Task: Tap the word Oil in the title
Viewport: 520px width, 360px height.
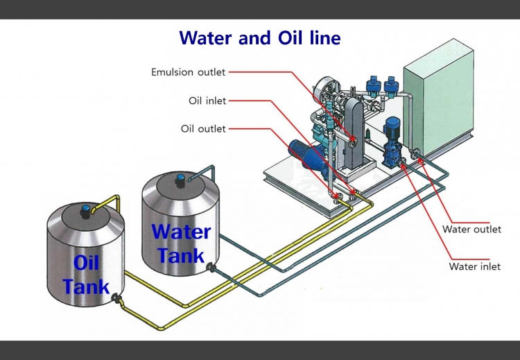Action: [x=289, y=37]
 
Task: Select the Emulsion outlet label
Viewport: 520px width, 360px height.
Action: [x=189, y=72]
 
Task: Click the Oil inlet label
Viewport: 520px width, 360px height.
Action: [x=207, y=101]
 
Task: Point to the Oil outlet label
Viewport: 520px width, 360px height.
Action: [x=203, y=129]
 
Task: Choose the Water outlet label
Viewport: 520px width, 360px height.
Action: [x=471, y=230]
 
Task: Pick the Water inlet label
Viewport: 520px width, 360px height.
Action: [x=474, y=266]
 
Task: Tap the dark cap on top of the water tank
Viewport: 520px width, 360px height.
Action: [x=181, y=179]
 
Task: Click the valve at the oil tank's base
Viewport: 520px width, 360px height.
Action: [x=117, y=300]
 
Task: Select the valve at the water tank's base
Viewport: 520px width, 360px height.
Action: [x=211, y=268]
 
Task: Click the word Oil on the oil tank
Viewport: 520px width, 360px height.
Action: [x=87, y=264]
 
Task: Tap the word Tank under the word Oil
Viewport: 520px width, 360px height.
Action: [x=86, y=286]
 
